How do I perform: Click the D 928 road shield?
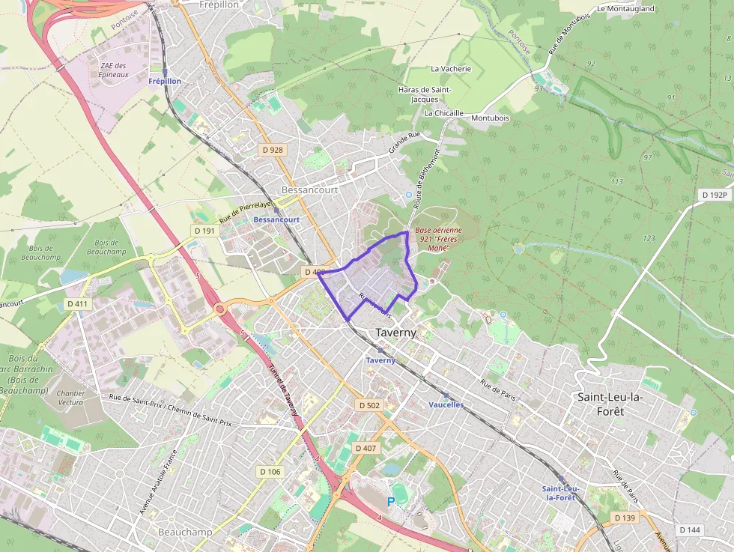point(273,150)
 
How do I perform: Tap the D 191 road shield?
point(204,231)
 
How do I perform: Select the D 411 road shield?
point(77,304)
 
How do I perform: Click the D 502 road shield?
point(369,405)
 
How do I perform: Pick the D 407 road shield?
point(366,448)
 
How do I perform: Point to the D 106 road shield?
point(270,472)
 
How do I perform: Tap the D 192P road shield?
point(714,195)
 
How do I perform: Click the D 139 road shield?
point(624,518)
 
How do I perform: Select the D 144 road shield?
point(689,530)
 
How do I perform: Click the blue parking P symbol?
point(390,502)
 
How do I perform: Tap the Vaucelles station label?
point(446,404)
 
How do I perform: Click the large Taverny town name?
point(395,333)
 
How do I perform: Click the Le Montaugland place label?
point(625,9)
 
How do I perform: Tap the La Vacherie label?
point(451,68)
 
